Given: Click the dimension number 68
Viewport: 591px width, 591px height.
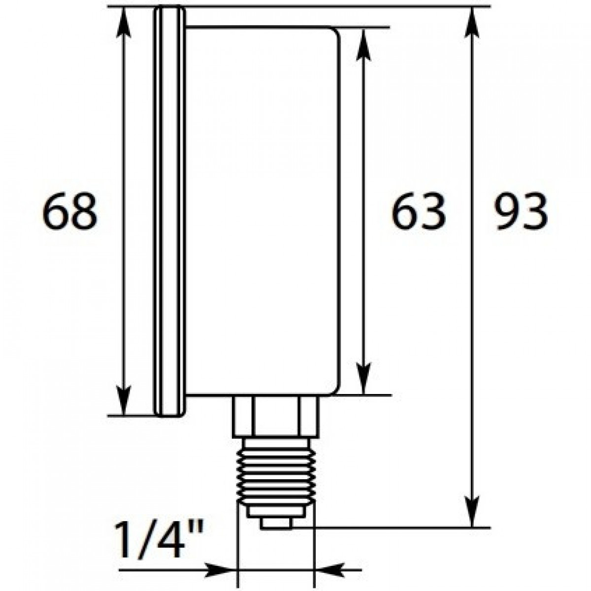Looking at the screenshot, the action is pos(69,211).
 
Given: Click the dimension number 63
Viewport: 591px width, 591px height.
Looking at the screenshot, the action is pos(418,211).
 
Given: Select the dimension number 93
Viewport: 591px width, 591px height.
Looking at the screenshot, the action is pos(521,211).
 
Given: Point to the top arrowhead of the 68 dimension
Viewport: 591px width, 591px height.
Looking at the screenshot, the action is pos(124,22).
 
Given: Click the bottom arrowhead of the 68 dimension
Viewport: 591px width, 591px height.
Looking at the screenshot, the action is pos(124,401).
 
